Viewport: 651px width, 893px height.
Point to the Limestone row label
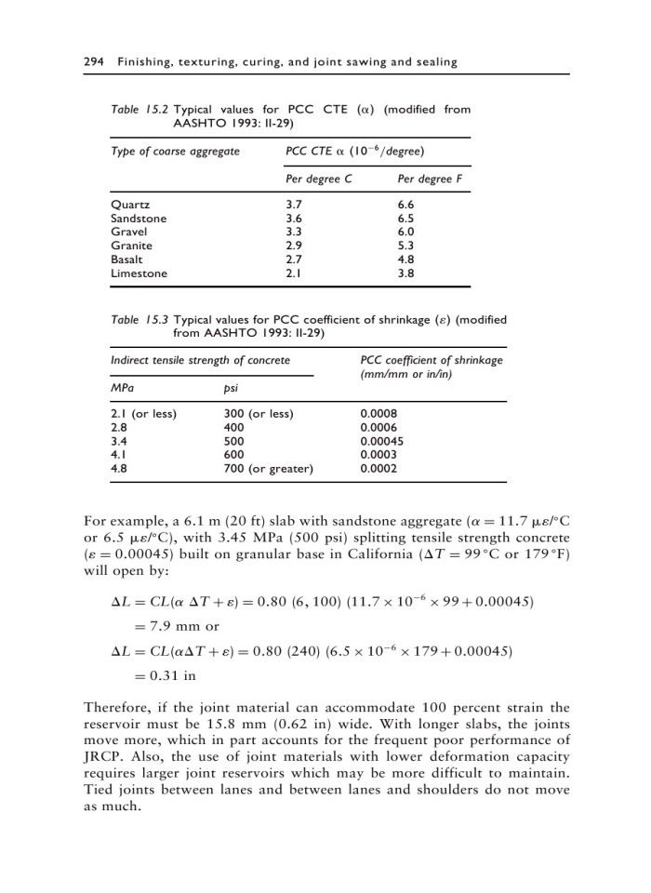(x=139, y=273)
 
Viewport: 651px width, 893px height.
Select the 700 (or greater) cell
(x=269, y=470)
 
